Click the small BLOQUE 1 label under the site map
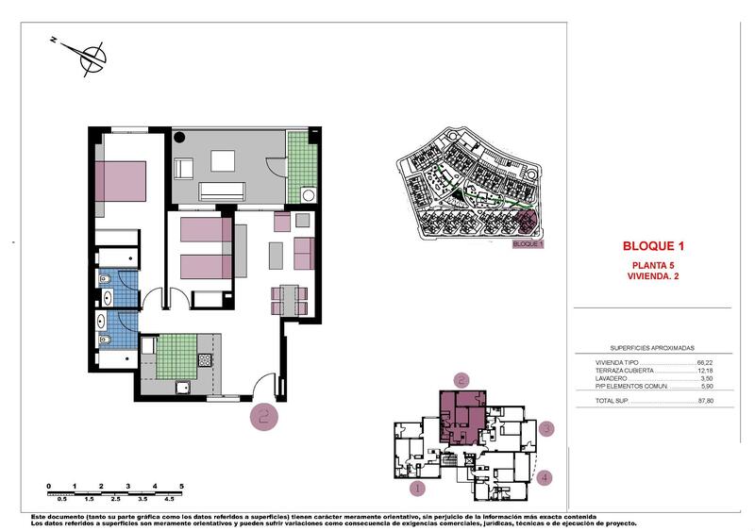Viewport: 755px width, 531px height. (x=527, y=244)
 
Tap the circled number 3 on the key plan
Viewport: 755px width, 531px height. (x=545, y=430)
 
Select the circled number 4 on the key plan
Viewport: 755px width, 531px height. (x=545, y=477)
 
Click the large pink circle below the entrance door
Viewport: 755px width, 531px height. (x=263, y=416)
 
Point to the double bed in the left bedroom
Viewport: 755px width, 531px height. (x=122, y=179)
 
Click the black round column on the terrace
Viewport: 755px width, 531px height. (x=180, y=137)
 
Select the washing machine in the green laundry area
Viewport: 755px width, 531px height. (x=307, y=194)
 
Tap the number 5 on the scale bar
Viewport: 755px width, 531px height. (x=180, y=487)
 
